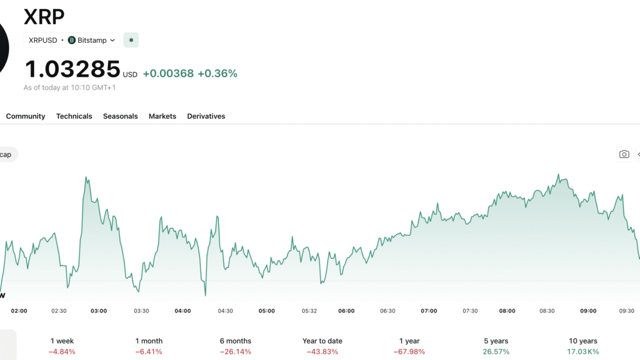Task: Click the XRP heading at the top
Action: (x=44, y=17)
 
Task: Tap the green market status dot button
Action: (x=131, y=40)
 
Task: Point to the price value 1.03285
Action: (x=73, y=69)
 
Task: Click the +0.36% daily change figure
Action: (x=218, y=74)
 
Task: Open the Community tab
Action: (x=26, y=116)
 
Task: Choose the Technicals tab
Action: (x=74, y=116)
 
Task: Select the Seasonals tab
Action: (x=121, y=116)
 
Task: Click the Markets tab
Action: (x=163, y=116)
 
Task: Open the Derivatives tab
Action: (x=206, y=116)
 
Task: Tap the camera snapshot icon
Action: (x=625, y=155)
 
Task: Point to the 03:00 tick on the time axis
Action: (x=99, y=311)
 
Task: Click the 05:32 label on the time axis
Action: (x=309, y=311)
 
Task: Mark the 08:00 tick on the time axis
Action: (x=507, y=311)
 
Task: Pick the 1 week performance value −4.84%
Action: (x=62, y=351)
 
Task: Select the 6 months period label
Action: (x=236, y=341)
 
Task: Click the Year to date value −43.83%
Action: (x=323, y=351)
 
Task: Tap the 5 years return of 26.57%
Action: (x=497, y=351)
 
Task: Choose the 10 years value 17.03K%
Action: (x=583, y=351)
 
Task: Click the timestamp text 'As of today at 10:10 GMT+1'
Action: (x=69, y=87)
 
